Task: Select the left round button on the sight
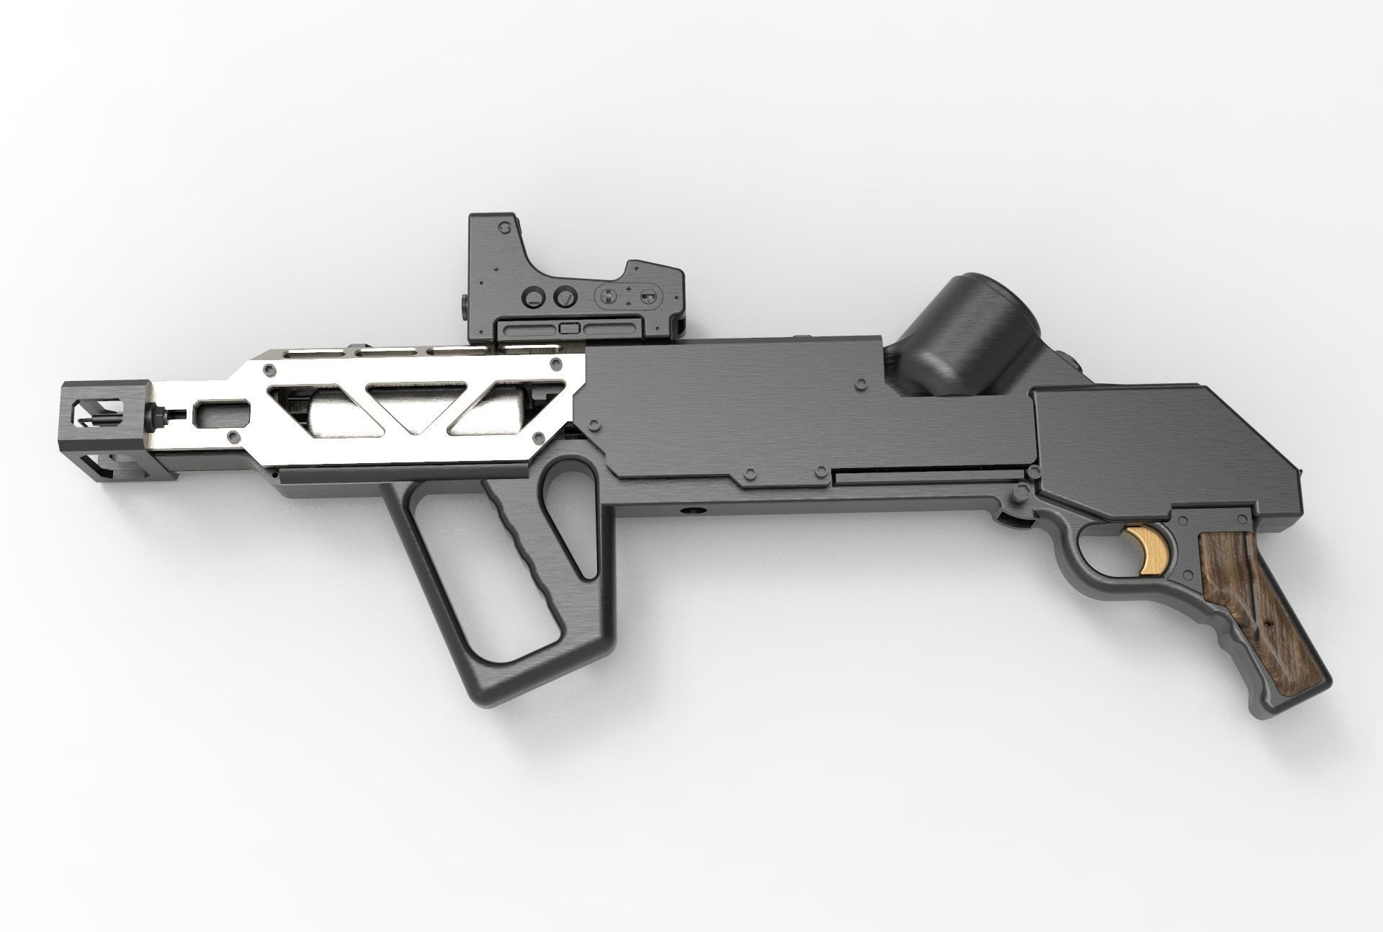(x=534, y=297)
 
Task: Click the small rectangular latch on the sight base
(x=569, y=328)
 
